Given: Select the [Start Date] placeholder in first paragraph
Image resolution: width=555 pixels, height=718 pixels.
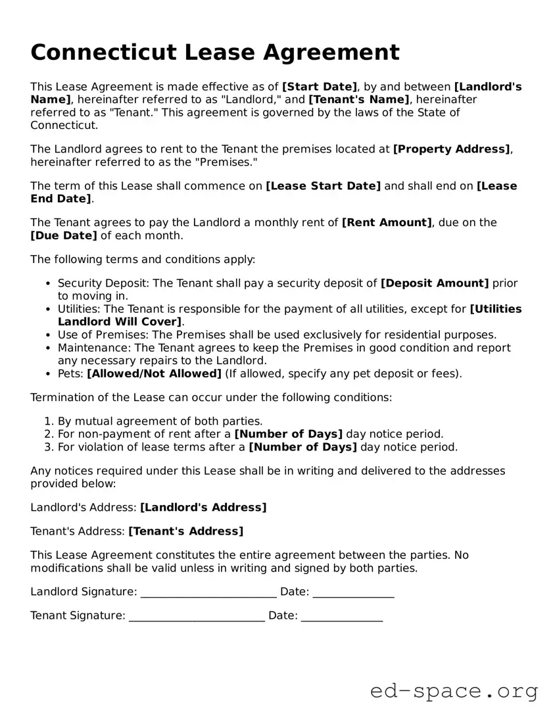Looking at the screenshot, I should click(x=320, y=87).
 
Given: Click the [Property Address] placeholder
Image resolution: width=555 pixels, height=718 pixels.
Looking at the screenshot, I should click(x=451, y=149).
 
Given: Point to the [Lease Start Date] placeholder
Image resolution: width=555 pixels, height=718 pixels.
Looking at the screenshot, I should click(x=323, y=186).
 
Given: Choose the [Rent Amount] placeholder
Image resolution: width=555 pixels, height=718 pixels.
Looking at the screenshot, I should click(x=387, y=223).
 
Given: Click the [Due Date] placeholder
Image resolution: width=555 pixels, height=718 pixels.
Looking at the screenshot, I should click(x=64, y=235).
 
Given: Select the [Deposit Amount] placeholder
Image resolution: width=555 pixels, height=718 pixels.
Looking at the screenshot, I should click(x=435, y=283).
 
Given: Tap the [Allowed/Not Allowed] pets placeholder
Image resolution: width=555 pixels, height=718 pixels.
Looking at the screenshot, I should click(x=154, y=374).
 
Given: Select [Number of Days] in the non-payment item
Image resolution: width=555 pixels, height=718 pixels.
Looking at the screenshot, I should click(x=289, y=434).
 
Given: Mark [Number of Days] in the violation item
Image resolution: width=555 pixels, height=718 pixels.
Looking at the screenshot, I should click(x=302, y=447).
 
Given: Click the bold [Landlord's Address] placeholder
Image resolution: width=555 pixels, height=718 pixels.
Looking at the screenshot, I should click(x=203, y=508).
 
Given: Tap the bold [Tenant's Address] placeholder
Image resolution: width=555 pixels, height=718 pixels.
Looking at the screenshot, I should click(x=185, y=531).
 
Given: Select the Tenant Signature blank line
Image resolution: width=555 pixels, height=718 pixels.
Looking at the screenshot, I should click(x=197, y=617).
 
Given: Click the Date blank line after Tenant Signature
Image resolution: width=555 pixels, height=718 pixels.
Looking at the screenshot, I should click(x=341, y=617).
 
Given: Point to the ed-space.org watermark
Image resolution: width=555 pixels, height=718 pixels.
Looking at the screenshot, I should click(x=454, y=691).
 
